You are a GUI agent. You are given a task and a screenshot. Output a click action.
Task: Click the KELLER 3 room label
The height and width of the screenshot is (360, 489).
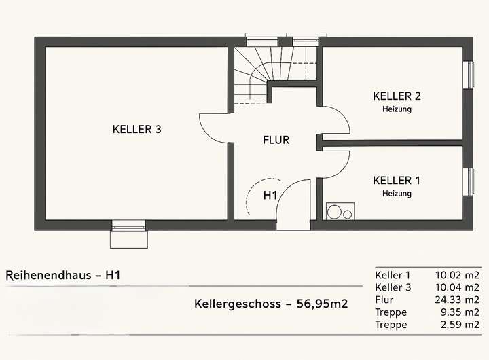click(x=137, y=129)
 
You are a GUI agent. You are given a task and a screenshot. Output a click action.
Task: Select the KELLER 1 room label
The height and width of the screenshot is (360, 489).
click(x=397, y=180)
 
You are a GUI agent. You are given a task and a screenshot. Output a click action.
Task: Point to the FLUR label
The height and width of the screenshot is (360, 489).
click(x=276, y=141)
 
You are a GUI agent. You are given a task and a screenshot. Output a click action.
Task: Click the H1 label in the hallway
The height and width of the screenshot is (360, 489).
click(x=270, y=196)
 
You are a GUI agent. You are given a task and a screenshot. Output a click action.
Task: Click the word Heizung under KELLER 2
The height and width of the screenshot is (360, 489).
click(x=397, y=109)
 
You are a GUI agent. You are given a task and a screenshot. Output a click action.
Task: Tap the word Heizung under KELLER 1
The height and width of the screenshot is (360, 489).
click(x=397, y=194)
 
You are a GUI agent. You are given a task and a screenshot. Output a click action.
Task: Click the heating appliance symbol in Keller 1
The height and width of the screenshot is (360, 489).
click(x=340, y=211)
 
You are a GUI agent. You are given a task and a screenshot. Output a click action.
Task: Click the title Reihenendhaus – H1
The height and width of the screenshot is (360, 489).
click(x=63, y=275)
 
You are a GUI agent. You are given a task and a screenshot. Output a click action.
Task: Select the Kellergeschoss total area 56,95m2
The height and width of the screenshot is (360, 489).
click(x=270, y=304)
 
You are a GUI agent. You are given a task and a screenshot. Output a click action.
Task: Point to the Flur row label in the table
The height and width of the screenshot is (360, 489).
click(x=384, y=300)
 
